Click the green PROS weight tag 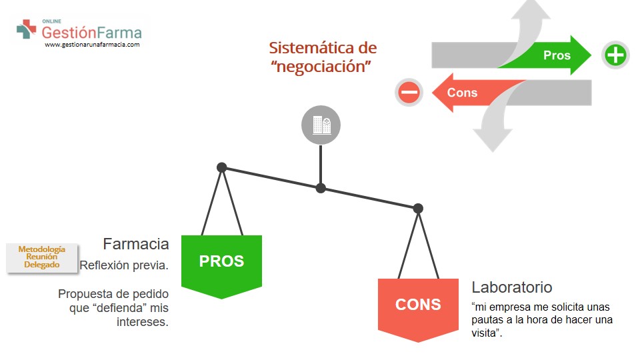pyautogui.click(x=221, y=262)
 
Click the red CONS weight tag pyautogui.click(x=418, y=305)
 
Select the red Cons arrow pyautogui.click(x=467, y=93)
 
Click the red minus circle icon pyautogui.click(x=409, y=92)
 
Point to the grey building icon pyautogui.click(x=321, y=125)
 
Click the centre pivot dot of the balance pyautogui.click(x=321, y=188)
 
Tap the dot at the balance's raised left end pyautogui.click(x=222, y=167)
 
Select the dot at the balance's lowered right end pyautogui.click(x=418, y=209)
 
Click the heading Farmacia pyautogui.click(x=136, y=243)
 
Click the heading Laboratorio pyautogui.click(x=512, y=287)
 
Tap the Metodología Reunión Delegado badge pyautogui.click(x=42, y=257)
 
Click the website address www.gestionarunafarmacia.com pyautogui.click(x=92, y=45)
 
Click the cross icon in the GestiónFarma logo pyautogui.click(x=27, y=29)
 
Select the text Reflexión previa pyautogui.click(x=124, y=265)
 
